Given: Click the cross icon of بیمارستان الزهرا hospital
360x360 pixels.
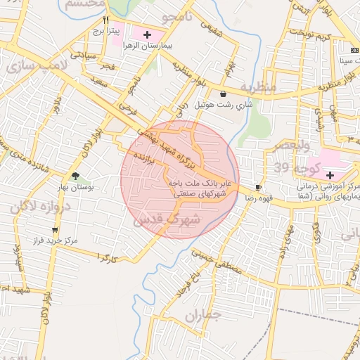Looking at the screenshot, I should click(x=146, y=34).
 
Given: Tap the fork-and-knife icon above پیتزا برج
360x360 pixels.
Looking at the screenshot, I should click(x=106, y=20).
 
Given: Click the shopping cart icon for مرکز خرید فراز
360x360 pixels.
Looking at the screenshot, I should click(x=54, y=230).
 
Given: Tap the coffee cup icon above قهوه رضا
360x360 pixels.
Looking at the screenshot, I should click(x=258, y=187).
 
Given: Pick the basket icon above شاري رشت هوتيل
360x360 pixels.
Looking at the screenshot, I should click(x=223, y=94).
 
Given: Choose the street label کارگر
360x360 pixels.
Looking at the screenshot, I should click(x=108, y=257).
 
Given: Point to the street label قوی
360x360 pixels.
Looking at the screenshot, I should click(x=315, y=233).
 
